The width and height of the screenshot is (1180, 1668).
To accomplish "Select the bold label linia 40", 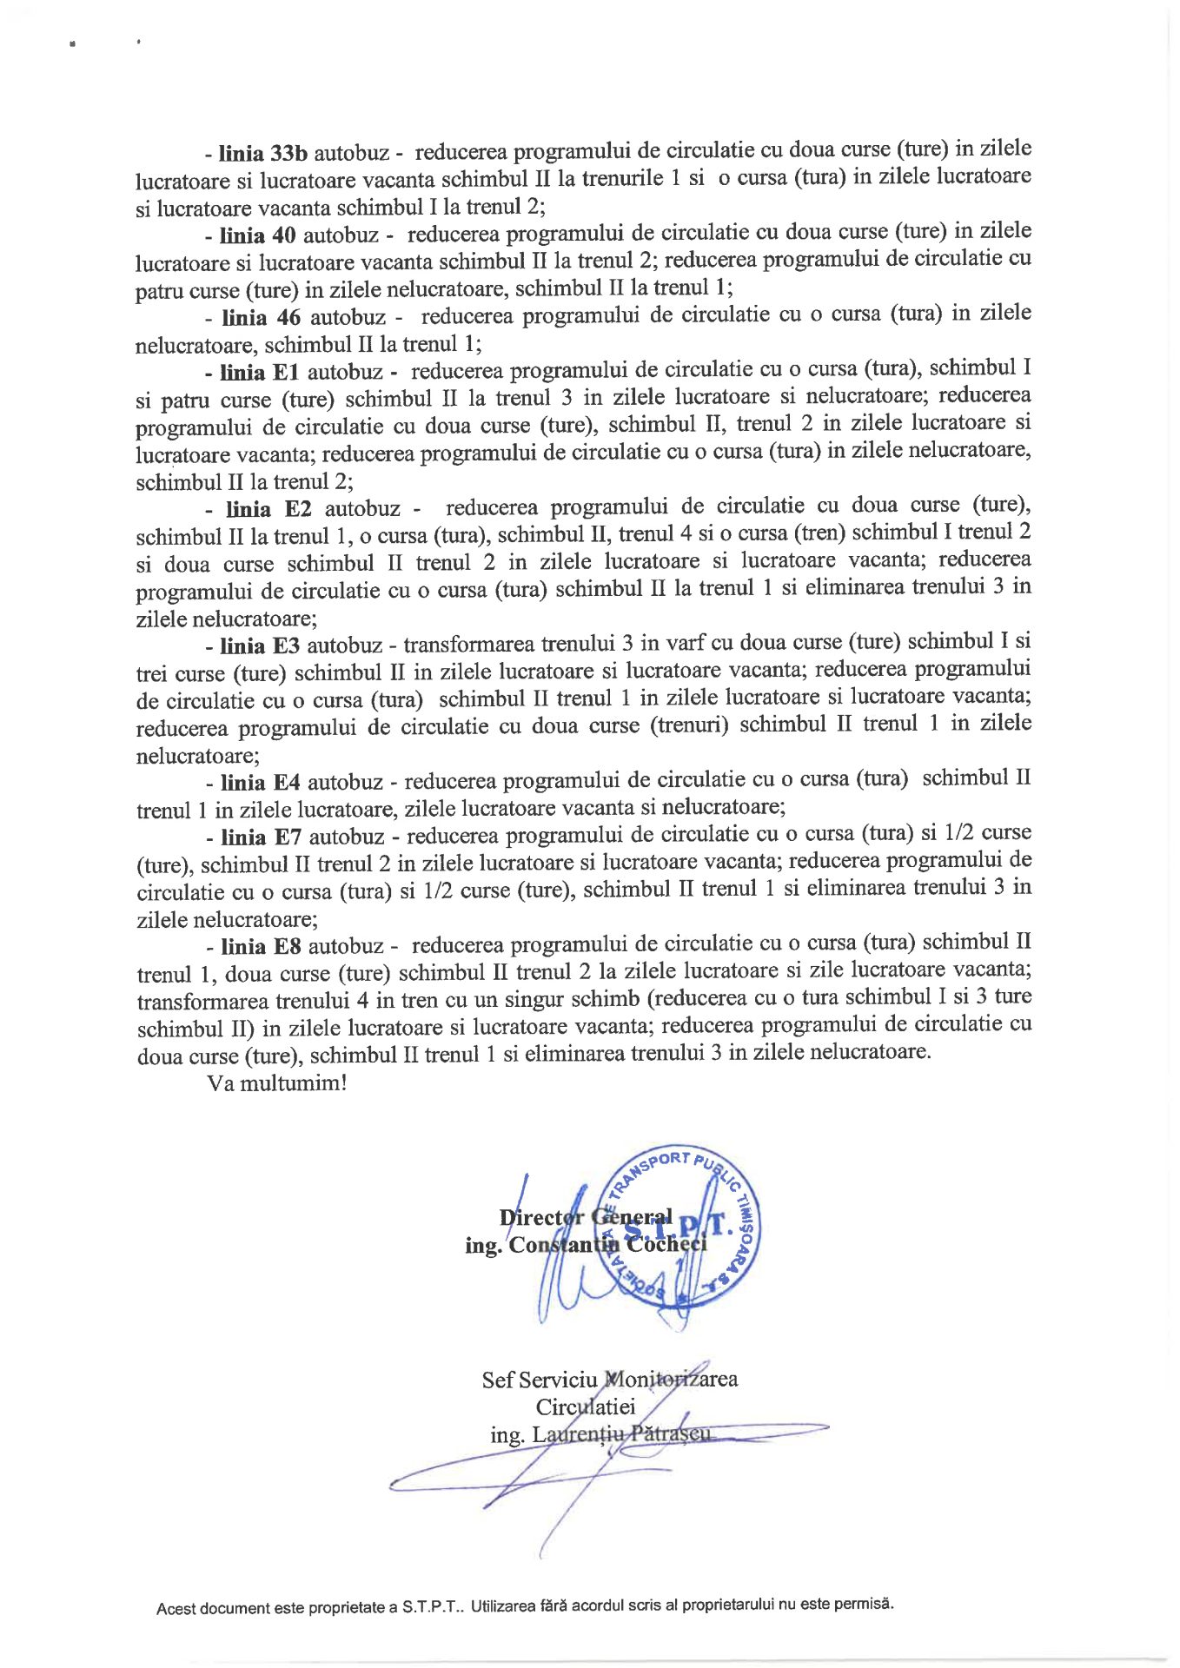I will pos(258,235).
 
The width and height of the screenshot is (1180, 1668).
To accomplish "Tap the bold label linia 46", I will pos(261,317).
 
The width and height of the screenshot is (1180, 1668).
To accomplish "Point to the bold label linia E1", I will pos(259,373).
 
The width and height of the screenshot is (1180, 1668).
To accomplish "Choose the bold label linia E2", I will pos(268,509).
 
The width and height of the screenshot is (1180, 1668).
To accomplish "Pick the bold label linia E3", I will pos(259,645).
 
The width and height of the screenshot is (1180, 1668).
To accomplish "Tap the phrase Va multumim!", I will pos(277,1083).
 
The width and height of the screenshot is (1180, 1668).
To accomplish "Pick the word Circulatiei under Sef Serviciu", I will pos(586,1407).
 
